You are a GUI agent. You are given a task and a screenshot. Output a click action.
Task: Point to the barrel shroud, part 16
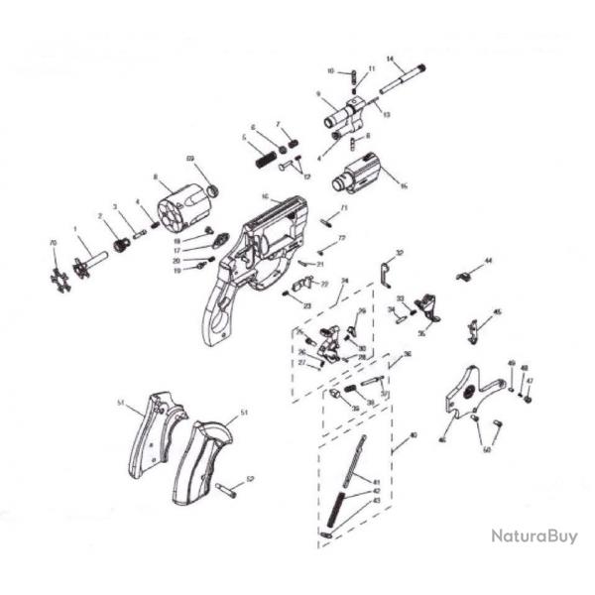pyautogui.click(x=359, y=173)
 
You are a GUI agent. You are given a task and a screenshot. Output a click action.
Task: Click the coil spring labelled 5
pyautogui.click(x=265, y=157)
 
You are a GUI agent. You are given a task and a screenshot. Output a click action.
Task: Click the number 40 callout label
pyautogui.click(x=414, y=436)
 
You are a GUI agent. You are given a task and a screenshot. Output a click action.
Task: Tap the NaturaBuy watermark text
pyautogui.click(x=535, y=536)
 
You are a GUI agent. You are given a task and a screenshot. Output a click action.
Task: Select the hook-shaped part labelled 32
pyautogui.click(x=386, y=268)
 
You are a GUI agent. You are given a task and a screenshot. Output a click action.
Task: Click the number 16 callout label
pyautogui.click(x=404, y=184)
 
